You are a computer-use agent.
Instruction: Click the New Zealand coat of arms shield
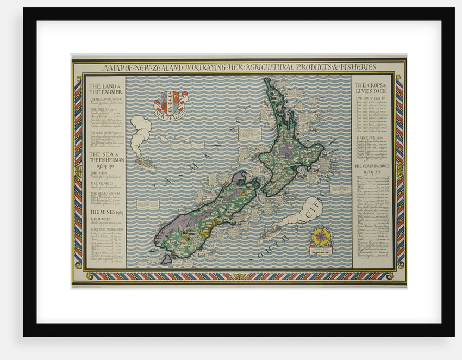pos(171,101)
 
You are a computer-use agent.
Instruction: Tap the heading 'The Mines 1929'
pos(105,212)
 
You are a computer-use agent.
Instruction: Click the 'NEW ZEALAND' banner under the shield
pos(171,115)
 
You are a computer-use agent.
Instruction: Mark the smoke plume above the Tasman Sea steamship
pos(141,131)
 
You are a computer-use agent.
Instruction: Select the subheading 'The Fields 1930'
pos(101,110)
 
